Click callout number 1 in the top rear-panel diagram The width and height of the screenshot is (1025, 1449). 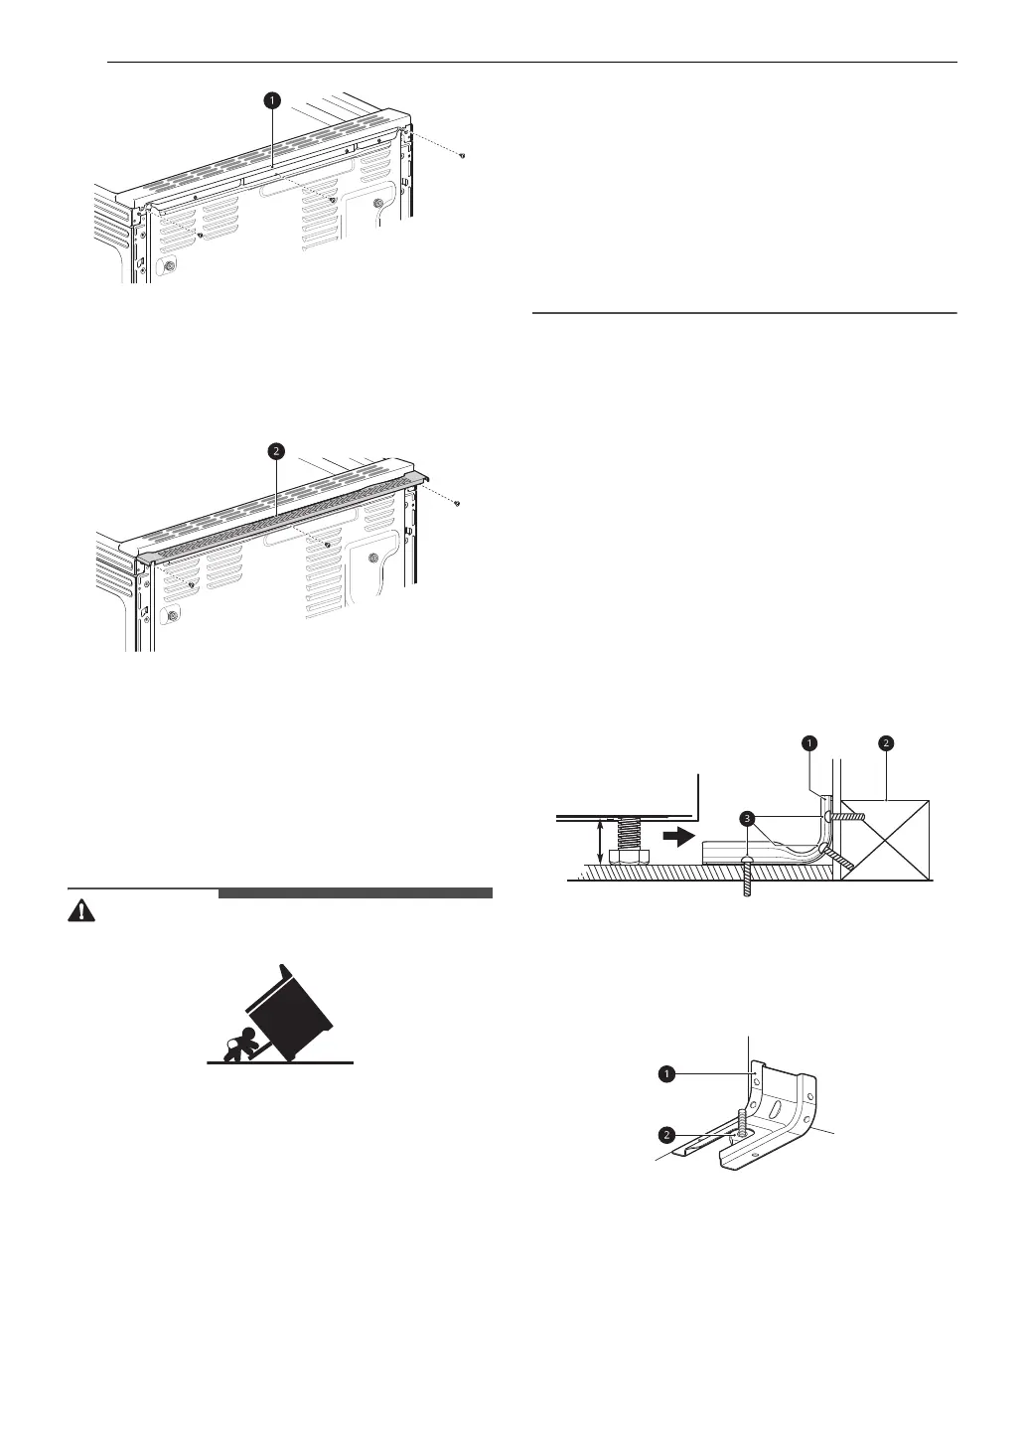[x=271, y=100]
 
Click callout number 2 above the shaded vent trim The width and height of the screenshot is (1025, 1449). [x=276, y=452]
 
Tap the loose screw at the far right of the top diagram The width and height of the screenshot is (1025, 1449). [x=463, y=156]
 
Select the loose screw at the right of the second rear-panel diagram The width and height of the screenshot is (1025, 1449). [x=456, y=504]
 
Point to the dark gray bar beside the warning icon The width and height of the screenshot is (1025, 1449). [x=355, y=893]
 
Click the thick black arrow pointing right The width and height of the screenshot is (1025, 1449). [x=676, y=837]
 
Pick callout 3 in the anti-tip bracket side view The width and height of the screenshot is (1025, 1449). [x=745, y=817]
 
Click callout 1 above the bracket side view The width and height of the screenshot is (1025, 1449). [x=809, y=742]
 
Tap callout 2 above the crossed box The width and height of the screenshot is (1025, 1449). [x=885, y=742]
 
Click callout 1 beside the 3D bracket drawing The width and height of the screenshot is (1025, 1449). [x=668, y=1074]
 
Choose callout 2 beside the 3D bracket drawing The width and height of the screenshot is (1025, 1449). [x=668, y=1133]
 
